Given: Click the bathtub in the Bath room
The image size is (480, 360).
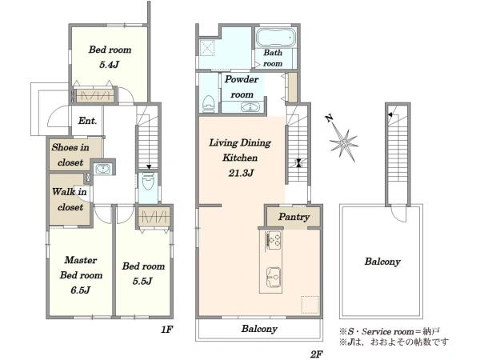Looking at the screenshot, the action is [276, 38].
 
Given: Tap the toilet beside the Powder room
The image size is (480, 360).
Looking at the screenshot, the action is [209, 104].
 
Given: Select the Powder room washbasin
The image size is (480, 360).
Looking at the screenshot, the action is [250, 107].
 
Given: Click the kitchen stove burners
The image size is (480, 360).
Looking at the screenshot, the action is [273, 239].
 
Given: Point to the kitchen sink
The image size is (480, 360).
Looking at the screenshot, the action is [274, 277].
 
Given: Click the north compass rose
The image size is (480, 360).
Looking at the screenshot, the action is [342, 138].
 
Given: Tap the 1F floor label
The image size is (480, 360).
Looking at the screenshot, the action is [167, 330].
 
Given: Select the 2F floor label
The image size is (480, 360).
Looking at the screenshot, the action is [317, 354].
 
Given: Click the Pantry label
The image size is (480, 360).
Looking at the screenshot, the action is [294, 217].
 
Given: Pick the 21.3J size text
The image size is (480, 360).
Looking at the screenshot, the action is [241, 173].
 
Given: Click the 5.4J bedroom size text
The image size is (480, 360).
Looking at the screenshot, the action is [109, 65].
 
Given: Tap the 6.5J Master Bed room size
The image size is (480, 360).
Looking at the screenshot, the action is [80, 290].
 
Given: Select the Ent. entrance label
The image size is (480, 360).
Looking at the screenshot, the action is [87, 121].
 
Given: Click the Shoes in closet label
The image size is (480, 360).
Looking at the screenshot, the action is [70, 154].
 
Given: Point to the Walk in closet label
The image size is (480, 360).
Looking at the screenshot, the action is [70, 199].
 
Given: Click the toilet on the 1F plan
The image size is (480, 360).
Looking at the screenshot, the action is [148, 182].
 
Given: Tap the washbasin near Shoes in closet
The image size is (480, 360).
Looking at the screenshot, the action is [102, 169].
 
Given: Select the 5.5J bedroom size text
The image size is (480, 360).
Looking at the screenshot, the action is [142, 281].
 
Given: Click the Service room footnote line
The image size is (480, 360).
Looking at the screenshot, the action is [390, 331].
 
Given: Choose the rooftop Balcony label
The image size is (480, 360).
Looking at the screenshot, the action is [382, 262].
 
